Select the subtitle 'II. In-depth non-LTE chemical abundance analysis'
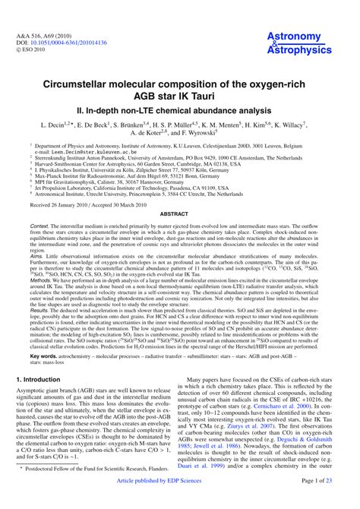coord(180,108)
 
